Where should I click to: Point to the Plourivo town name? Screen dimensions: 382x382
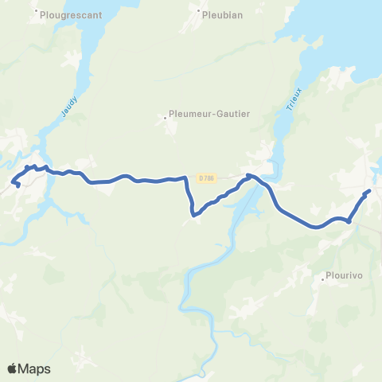[344, 279]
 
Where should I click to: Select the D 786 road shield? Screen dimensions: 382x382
[207, 177]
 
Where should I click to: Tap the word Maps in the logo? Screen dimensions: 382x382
[36, 368]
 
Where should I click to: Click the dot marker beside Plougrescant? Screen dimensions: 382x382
[37, 12]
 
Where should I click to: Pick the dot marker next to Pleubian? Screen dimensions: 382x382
[197, 12]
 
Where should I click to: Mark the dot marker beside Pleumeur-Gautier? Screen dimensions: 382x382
[166, 118]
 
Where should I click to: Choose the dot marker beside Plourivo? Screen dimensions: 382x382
[321, 279]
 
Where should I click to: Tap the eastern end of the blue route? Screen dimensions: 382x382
[368, 192]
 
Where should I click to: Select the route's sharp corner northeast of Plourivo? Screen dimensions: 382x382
[349, 221]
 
